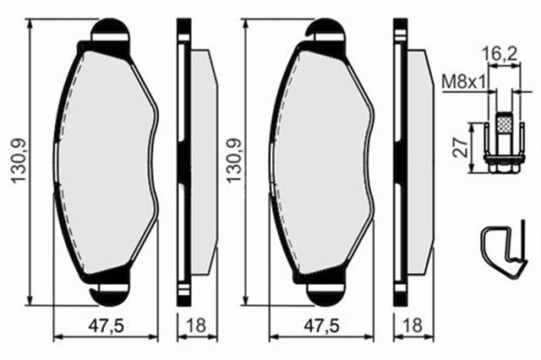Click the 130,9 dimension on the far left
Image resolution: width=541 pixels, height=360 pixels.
pyautogui.click(x=19, y=161)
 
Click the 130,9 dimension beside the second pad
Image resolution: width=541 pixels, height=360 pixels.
pyautogui.click(x=233, y=161)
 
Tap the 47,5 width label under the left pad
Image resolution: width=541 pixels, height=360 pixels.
pyautogui.click(x=106, y=325)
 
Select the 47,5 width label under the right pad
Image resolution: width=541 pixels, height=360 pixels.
pyautogui.click(x=321, y=325)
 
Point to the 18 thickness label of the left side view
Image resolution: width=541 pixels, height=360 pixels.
pyautogui.click(x=197, y=325)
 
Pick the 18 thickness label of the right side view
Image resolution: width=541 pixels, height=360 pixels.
pyautogui.click(x=413, y=325)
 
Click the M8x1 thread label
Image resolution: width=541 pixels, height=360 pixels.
pyautogui.click(x=464, y=83)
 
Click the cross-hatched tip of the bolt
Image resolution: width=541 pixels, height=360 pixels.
pyautogui.click(x=504, y=123)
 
